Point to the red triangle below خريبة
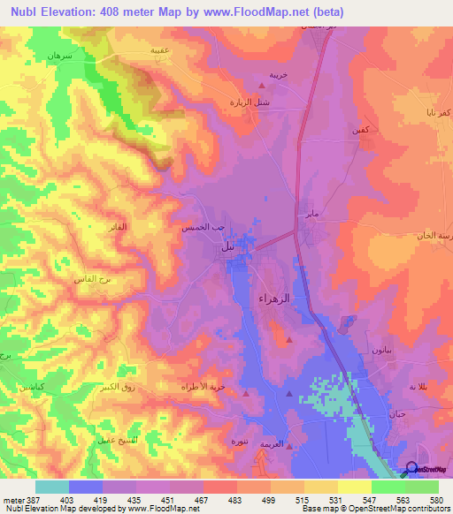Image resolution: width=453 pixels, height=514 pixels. tap(260, 86)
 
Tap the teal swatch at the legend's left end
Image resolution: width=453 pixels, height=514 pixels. tap(51, 487)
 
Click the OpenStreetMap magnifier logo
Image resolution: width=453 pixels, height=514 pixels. tap(411, 470)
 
